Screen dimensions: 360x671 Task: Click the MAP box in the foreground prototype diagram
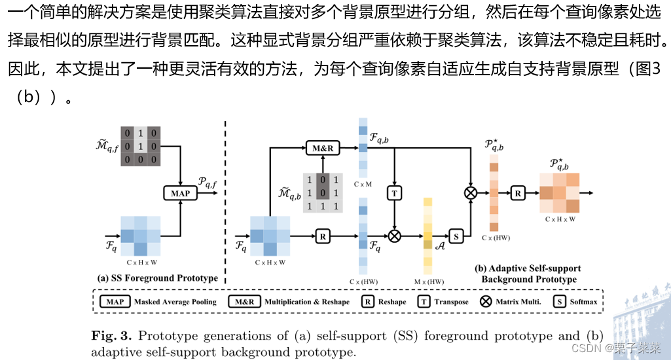pos(180,192)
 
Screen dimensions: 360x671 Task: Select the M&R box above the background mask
pos(323,149)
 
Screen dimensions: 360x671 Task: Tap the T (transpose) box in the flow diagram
pos(394,192)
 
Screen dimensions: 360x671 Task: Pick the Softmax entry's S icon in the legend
pos(560,302)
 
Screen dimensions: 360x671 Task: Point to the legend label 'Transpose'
pos(452,302)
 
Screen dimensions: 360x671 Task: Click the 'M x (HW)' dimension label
pos(428,281)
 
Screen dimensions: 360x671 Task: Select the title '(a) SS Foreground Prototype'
pos(157,278)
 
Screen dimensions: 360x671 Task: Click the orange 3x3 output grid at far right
pos(559,192)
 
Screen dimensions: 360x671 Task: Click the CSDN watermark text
pos(587,348)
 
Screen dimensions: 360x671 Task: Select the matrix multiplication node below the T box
pos(394,235)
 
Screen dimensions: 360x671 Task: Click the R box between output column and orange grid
pos(517,192)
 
